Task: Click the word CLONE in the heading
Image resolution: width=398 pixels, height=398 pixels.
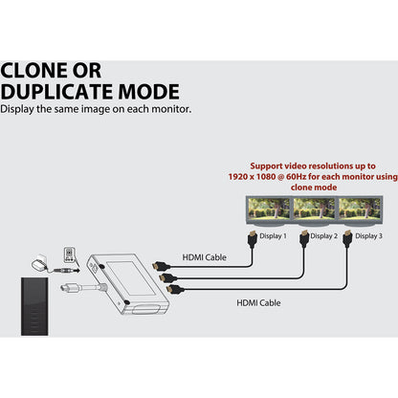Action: click(34, 71)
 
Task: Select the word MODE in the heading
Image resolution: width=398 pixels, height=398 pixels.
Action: click(149, 92)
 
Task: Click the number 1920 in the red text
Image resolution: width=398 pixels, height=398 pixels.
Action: click(237, 177)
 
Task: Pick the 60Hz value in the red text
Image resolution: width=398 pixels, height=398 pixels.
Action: click(296, 177)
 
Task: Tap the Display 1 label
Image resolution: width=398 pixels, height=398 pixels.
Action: click(273, 236)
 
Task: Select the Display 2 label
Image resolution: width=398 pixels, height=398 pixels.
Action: click(323, 236)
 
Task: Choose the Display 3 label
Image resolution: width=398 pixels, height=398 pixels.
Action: click(368, 236)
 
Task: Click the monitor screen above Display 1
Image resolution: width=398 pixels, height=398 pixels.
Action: click(269, 209)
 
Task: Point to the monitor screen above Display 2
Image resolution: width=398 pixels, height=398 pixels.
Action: click(314, 209)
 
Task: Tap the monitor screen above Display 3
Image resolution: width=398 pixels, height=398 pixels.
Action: click(360, 209)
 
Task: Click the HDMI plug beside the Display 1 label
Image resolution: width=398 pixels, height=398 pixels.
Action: click(253, 239)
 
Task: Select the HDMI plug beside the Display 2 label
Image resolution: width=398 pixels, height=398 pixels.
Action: click(304, 239)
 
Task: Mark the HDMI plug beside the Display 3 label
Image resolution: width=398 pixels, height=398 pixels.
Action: click(347, 239)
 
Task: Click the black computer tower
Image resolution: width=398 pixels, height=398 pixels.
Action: click(34, 306)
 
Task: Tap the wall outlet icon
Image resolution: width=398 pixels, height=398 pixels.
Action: click(70, 254)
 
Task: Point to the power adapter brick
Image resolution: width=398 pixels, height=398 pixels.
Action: click(39, 264)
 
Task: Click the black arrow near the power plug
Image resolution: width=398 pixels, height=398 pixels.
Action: click(77, 271)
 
